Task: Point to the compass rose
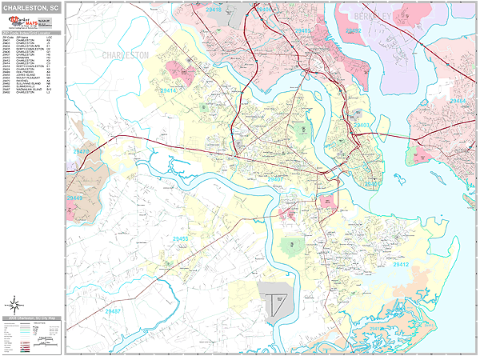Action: pos(14,303)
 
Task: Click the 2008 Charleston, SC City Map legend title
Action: pos(32,318)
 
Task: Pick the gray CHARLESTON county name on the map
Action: pos(126,55)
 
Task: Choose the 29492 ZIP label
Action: pos(352,30)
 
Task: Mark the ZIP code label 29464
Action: pos(456,101)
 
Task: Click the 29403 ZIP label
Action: pos(362,126)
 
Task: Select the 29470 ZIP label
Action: pos(82,150)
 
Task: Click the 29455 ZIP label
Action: pos(181,238)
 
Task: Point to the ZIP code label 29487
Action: pos(113,310)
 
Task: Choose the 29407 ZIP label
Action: pos(274,179)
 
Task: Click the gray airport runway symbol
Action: pos(277,305)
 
